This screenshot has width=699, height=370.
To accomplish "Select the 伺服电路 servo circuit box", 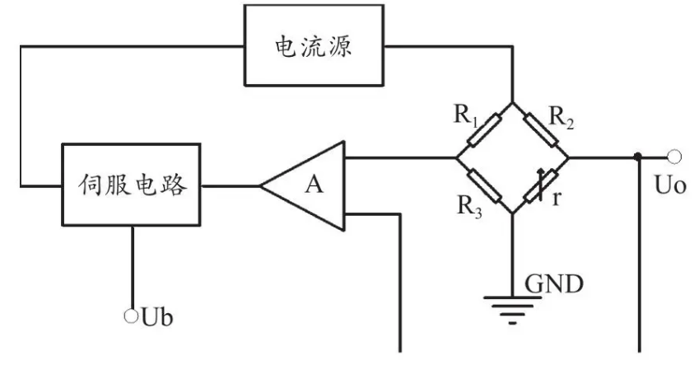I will [132, 185].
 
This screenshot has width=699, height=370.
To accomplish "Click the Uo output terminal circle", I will [674, 156].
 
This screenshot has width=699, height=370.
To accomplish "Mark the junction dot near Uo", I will [638, 157].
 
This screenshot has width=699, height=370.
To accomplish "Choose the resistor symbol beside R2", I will [540, 129].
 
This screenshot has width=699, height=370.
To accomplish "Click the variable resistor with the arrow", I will [541, 184].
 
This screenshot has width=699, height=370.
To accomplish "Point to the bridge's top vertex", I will [512, 103].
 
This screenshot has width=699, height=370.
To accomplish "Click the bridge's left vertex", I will [458, 157].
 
